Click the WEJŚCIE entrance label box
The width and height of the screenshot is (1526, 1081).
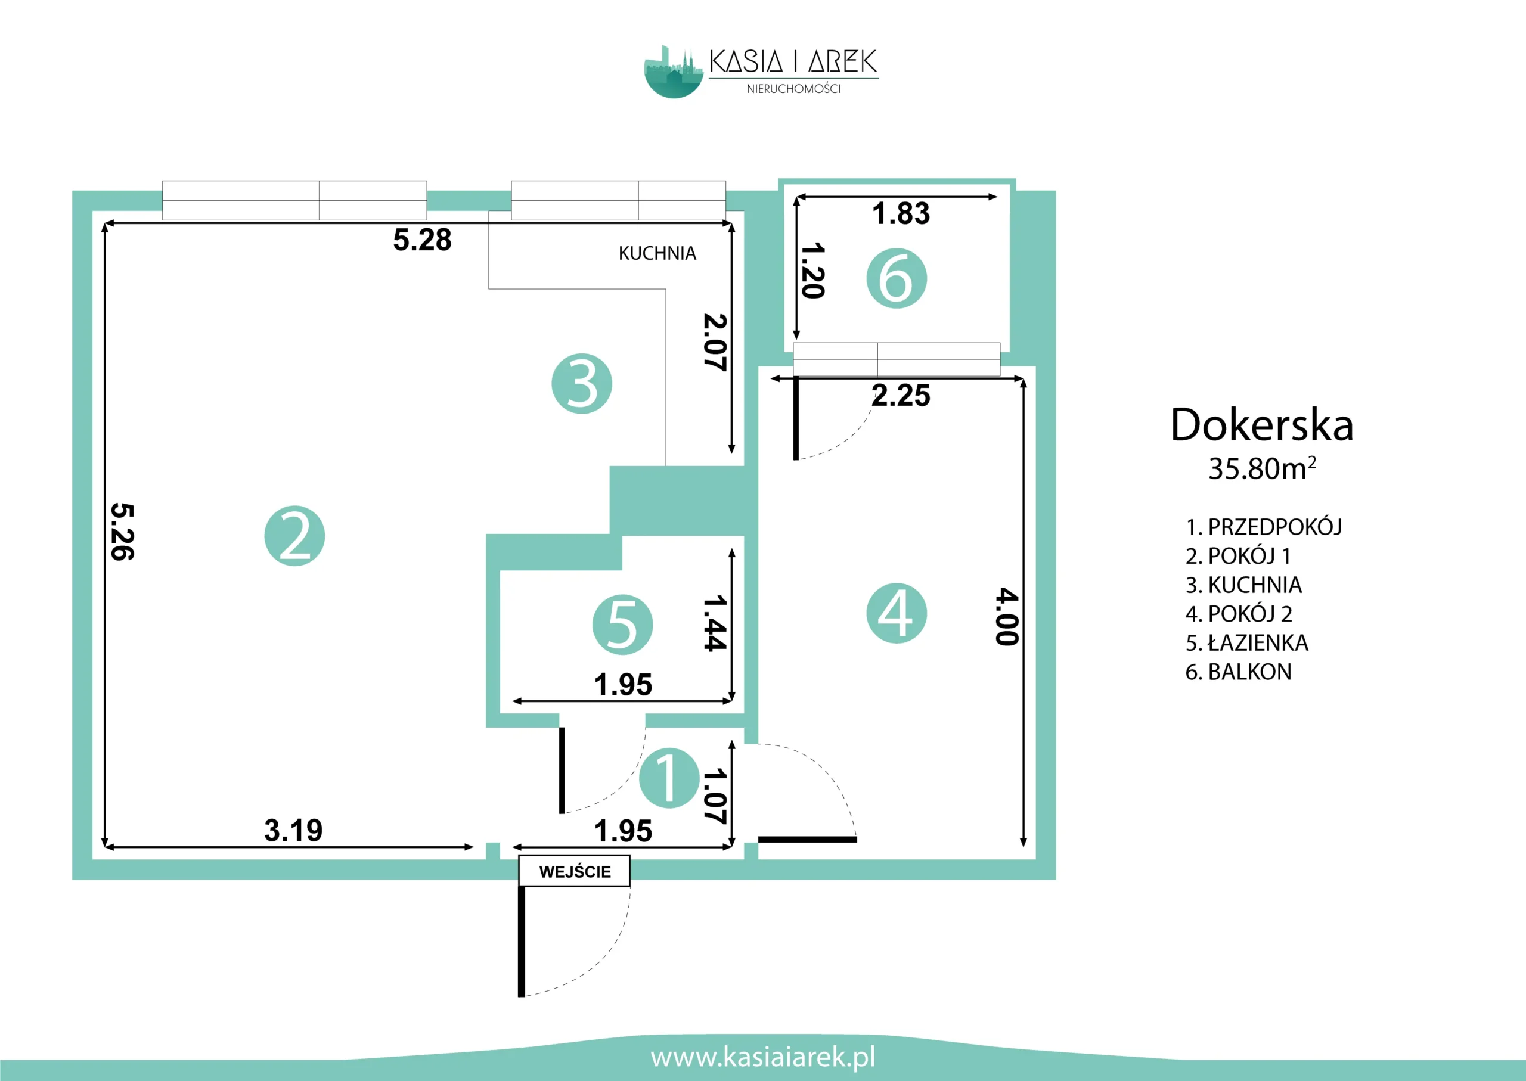pos(574,871)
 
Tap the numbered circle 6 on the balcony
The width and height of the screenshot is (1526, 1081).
pos(896,278)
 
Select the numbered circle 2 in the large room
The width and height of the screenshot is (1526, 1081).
pos(294,536)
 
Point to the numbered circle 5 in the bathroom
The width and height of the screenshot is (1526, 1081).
pos(622,625)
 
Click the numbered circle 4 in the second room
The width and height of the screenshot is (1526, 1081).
pos(896,613)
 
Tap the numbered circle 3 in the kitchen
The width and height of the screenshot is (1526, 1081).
pos(582,383)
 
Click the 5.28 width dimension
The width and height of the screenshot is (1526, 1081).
pos(422,240)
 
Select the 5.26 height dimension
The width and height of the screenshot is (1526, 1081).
pos(123,531)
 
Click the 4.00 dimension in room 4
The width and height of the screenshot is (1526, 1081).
pos(1007,616)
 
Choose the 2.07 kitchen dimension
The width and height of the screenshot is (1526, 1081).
pos(715,342)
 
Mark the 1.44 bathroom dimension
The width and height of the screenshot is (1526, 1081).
pos(715,623)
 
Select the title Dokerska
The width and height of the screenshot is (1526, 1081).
pos(1262,425)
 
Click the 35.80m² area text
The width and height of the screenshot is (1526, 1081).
pos(1262,468)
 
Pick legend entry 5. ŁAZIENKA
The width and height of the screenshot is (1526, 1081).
pos(1247,643)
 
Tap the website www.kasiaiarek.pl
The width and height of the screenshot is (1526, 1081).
pos(763,1057)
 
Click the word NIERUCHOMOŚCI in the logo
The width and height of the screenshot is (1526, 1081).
pos(793,89)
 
